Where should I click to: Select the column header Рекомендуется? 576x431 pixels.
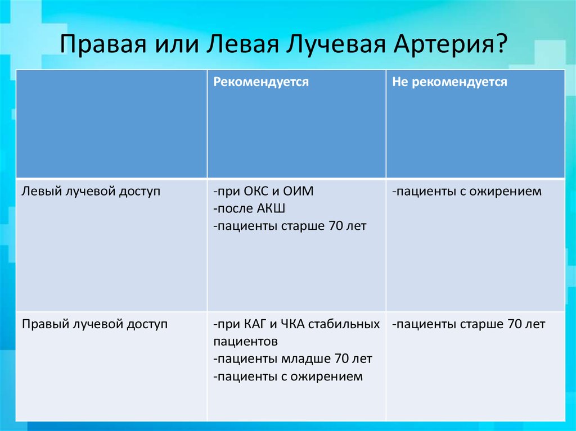click(261, 82)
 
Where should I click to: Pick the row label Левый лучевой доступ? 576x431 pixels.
click(91, 192)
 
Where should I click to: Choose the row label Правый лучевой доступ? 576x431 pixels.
click(94, 324)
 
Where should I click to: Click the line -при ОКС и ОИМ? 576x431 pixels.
click(263, 192)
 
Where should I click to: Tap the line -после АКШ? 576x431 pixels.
click(250, 209)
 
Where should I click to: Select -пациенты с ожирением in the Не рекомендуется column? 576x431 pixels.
click(467, 192)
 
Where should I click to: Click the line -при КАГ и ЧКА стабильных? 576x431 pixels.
click(296, 324)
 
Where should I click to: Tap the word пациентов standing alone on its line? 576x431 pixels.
click(245, 342)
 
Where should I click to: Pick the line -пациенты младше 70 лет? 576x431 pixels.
click(292, 359)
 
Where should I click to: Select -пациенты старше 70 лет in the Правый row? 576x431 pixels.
click(469, 324)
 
